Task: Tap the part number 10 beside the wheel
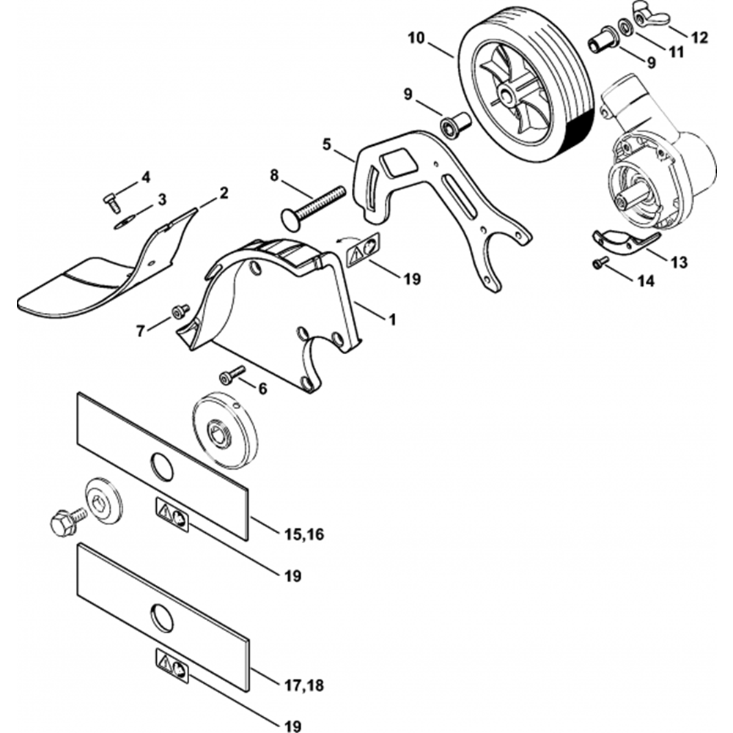(x=417, y=38)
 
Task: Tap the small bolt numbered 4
(x=111, y=203)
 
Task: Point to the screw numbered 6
(x=232, y=375)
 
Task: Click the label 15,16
(x=304, y=534)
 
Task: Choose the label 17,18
(x=304, y=686)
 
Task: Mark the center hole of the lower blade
(x=162, y=618)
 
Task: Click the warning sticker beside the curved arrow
(x=364, y=251)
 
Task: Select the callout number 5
(x=326, y=145)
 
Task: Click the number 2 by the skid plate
(x=224, y=193)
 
